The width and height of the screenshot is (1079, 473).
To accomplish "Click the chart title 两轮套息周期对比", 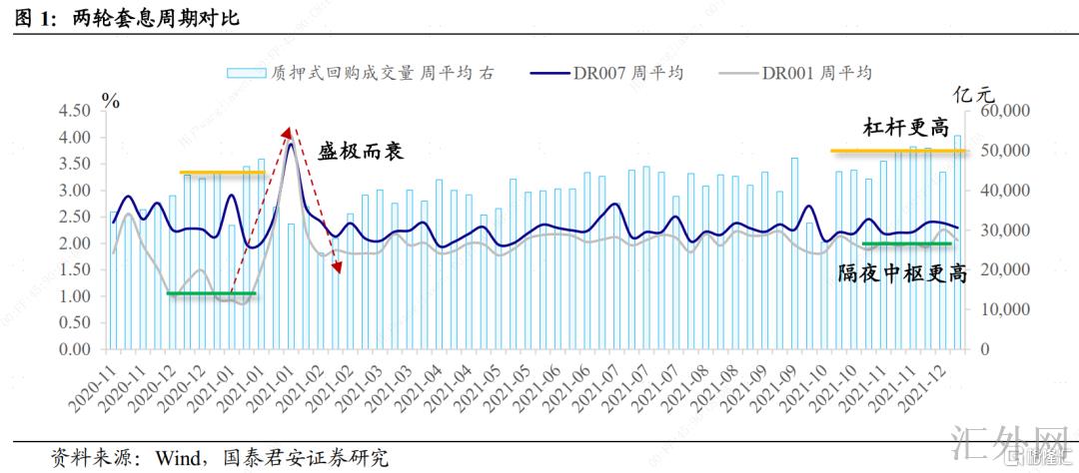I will click(156, 19).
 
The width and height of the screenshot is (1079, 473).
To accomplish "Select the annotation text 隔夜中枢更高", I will click(901, 273).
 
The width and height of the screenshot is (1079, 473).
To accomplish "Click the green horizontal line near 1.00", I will click(211, 293).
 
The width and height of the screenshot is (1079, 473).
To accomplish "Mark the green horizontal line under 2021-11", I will click(906, 243).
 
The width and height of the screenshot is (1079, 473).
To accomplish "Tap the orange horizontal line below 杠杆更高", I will click(898, 151).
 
